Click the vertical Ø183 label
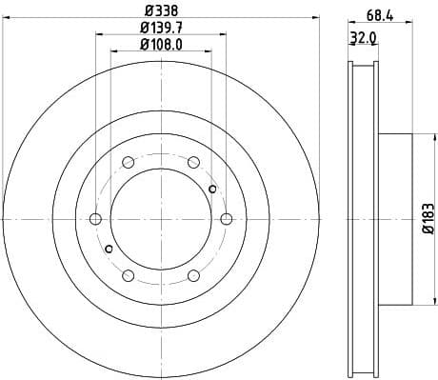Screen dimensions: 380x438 (429, 219)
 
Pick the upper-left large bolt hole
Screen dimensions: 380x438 (129, 162)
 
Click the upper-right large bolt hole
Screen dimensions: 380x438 (193, 162)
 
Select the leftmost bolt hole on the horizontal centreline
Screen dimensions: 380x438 (95, 219)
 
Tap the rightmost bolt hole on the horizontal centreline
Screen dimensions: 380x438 (226, 219)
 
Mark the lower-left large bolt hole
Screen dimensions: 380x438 (129, 275)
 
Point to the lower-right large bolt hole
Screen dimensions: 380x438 (193, 275)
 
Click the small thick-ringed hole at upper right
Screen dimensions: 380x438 (212, 189)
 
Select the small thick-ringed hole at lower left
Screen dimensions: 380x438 (109, 249)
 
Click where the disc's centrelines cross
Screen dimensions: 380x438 (161, 219)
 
